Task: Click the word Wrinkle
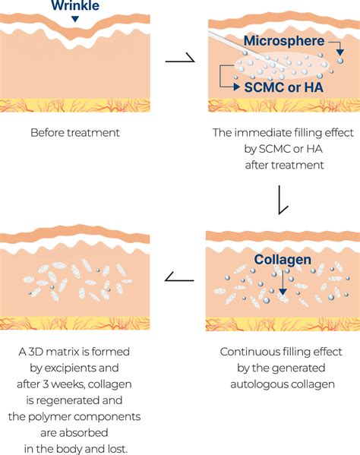pyautogui.click(x=75, y=5)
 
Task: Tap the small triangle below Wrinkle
pyautogui.click(x=75, y=19)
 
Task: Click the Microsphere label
pyautogui.click(x=284, y=40)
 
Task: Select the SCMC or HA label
pyautogui.click(x=284, y=87)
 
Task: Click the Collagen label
pyautogui.click(x=283, y=260)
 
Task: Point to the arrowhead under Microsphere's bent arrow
pyautogui.click(x=340, y=52)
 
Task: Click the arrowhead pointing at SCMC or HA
pyautogui.click(x=237, y=87)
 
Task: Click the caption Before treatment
pyautogui.click(x=75, y=133)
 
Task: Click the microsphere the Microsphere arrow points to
pyautogui.click(x=340, y=61)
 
